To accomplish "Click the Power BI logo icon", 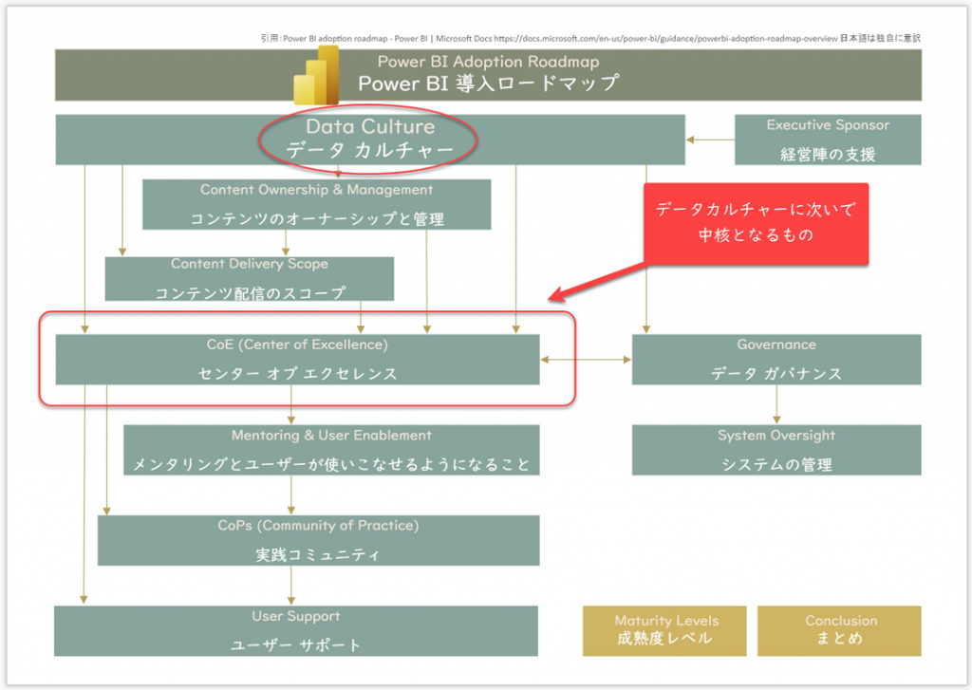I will coord(316,76).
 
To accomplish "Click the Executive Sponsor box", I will coord(827,140).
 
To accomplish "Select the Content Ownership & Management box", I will coord(316,204).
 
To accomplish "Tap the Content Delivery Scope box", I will coord(249,278).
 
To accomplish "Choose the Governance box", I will coord(776,359).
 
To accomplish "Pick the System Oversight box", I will coord(776,450).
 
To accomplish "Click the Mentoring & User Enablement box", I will coord(331,450).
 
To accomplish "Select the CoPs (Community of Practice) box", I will coord(318,540).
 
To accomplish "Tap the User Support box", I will coord(295,631).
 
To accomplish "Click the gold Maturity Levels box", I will coord(664,630).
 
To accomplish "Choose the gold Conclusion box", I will coord(839,630).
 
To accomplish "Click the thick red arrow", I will coord(598,281).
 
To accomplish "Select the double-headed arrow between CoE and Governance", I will coord(586,360).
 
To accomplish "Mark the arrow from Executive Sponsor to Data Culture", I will coord(709,140).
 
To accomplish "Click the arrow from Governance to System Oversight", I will coord(776,405).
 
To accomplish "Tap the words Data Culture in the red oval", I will coord(369,127).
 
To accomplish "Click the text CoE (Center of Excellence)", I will coord(297,345).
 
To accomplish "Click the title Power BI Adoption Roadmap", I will coord(488,62).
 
